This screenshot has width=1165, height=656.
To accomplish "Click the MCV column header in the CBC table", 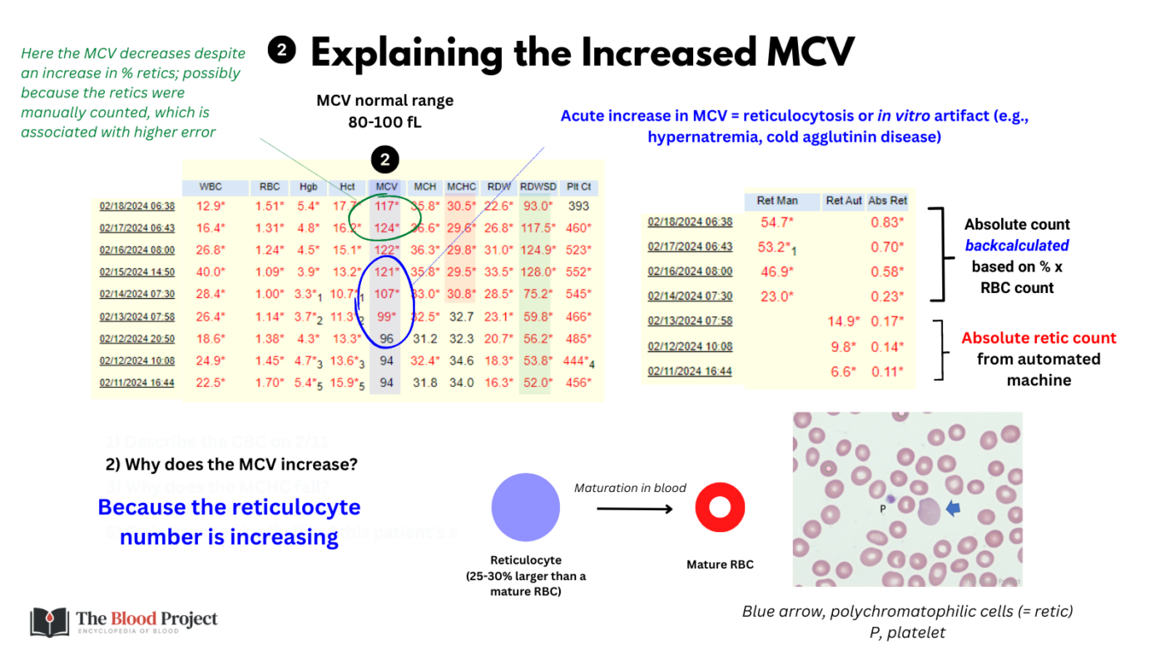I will point(385,187).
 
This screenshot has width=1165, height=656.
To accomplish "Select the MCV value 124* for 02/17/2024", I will point(385,227).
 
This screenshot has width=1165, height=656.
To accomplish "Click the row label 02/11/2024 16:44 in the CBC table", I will point(137,383).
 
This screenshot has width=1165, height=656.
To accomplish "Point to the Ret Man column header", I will point(777,201).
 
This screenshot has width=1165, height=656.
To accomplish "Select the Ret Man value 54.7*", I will point(777,222).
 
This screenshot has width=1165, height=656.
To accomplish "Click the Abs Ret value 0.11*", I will point(888,371).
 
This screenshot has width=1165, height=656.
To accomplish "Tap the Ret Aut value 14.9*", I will point(840,321).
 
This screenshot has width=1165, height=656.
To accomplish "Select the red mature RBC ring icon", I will point(720,508).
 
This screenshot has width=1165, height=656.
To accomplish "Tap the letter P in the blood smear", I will point(883,508).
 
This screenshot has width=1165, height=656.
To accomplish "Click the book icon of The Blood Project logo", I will point(50,622).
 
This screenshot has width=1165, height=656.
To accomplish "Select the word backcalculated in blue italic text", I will point(1017,246).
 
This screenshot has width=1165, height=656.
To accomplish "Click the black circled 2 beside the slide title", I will point(282,51).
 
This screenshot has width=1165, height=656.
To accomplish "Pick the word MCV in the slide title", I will point(807,52).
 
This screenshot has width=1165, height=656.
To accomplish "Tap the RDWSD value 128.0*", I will point(538,271).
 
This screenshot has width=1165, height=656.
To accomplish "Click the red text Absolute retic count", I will point(1039,338).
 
